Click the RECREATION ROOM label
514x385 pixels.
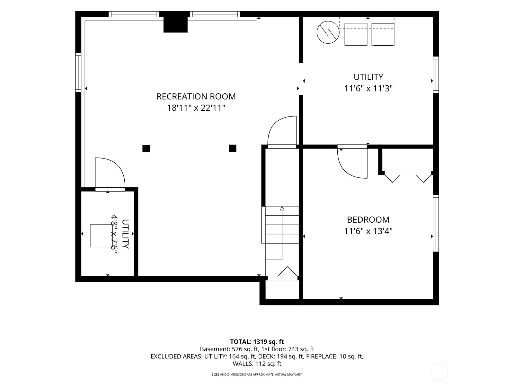click(x=196, y=96)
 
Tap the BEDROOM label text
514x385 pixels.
click(x=368, y=219)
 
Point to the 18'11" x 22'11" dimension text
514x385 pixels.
click(x=196, y=108)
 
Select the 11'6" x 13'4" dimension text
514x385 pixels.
click(x=368, y=231)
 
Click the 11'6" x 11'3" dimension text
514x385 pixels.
click(x=368, y=89)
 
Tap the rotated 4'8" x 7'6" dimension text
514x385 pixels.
click(x=114, y=234)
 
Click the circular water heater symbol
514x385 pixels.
click(x=328, y=32)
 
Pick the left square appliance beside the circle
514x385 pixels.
click(x=356, y=34)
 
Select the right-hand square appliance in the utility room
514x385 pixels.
click(x=383, y=34)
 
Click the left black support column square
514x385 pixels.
click(x=146, y=149)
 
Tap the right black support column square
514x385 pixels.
click(x=232, y=148)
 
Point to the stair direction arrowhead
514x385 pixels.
click(x=282, y=208)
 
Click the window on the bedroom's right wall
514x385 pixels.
click(x=436, y=223)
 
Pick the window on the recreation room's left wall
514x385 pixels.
click(x=78, y=73)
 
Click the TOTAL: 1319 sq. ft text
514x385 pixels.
click(x=257, y=342)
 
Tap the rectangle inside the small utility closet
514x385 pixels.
click(x=102, y=235)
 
